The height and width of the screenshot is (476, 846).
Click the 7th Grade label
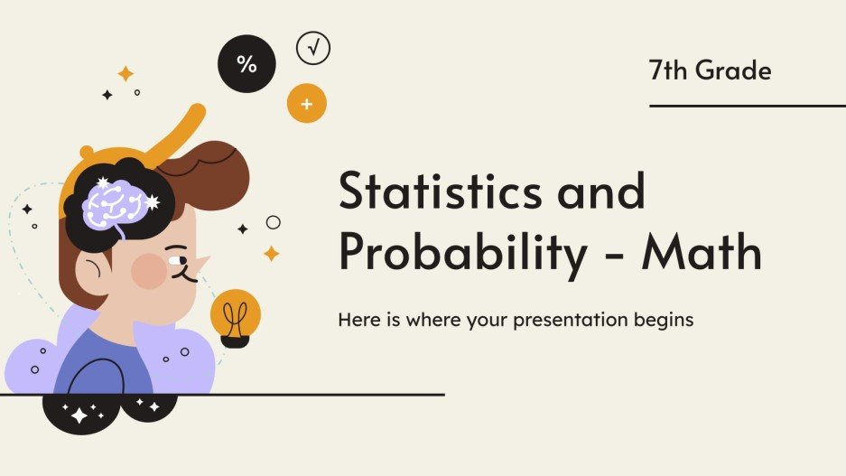coord(710,70)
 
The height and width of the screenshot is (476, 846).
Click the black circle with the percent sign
coord(246,63)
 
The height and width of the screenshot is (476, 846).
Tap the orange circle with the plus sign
coord(306,105)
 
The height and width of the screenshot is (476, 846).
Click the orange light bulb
coord(236,316)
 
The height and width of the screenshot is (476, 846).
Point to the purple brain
coord(115,202)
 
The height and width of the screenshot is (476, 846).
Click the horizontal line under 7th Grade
coord(747,106)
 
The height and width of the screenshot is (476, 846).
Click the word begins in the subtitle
coord(664,320)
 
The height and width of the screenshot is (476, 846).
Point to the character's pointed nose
coord(200,263)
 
